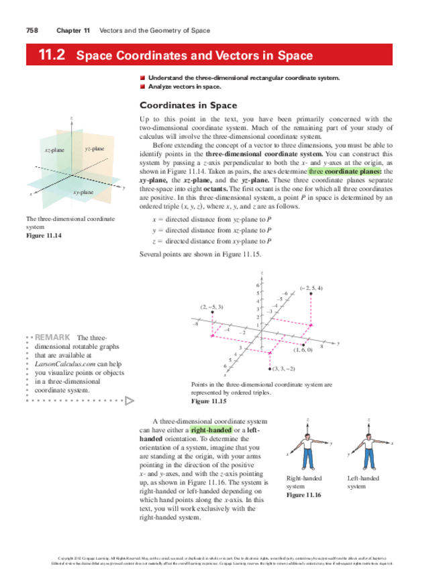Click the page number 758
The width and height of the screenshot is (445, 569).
(x=31, y=31)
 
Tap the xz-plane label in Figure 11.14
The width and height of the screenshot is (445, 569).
(x=54, y=150)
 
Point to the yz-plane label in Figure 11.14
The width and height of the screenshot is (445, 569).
(x=95, y=147)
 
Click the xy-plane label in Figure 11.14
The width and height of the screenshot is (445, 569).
(x=83, y=193)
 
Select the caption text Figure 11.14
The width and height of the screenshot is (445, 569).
(x=42, y=234)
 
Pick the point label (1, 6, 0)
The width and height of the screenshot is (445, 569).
(x=303, y=350)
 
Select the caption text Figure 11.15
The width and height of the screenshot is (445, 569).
(x=209, y=401)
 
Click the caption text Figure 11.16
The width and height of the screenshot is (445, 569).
(x=304, y=495)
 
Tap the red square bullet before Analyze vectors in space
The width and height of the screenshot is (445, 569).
(x=142, y=87)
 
